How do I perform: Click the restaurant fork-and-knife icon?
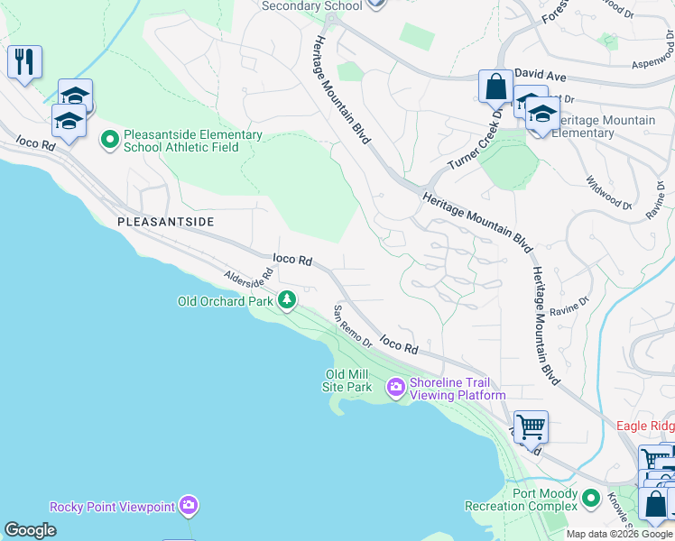coord(23,62)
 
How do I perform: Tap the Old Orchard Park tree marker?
coord(287,299)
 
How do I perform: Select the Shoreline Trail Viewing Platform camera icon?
coord(395,388)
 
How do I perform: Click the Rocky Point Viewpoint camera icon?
coord(188,506)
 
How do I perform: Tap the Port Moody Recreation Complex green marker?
coord(591,498)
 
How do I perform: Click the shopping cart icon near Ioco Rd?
coord(531,425)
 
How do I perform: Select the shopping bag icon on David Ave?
coord(495,87)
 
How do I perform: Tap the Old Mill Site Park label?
coord(347,381)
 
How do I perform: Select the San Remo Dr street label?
coord(353,326)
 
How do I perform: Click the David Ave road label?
coord(540,78)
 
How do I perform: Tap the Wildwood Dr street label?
coord(608,193)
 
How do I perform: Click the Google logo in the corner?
coord(30,530)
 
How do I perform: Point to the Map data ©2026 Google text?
coord(618,534)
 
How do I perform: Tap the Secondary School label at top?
coord(311,5)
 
